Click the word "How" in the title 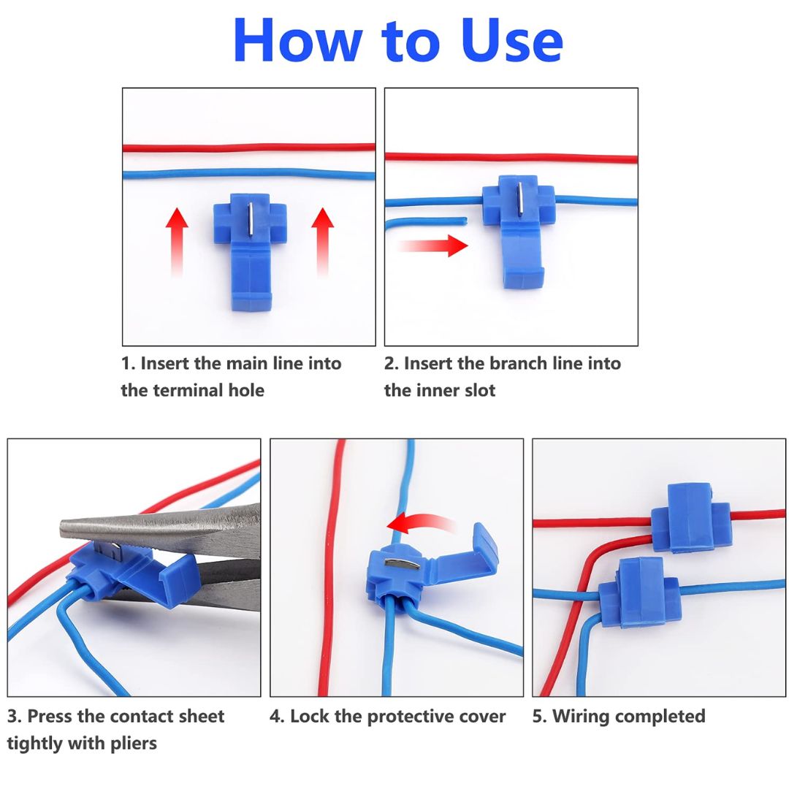coord(291,41)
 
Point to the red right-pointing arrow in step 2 coord(435,246)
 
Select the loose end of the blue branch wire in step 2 coord(462,218)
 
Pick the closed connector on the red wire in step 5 coord(689,517)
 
